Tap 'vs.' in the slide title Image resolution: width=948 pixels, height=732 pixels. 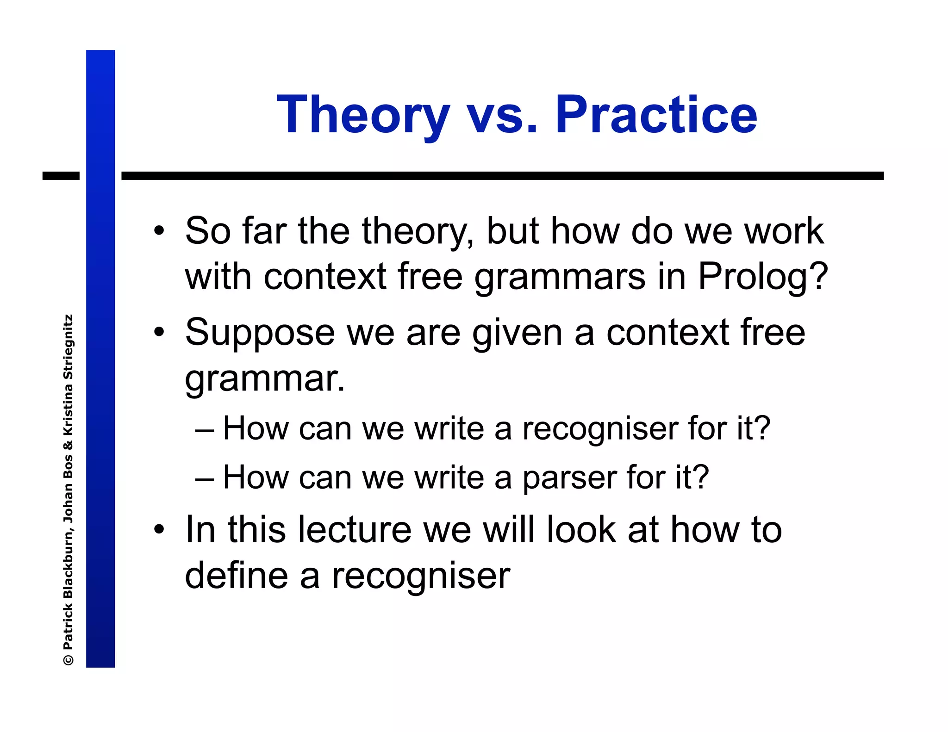(x=502, y=116)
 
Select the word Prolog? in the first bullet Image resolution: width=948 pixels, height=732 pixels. (x=762, y=277)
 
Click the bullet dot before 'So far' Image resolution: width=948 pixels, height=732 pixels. (x=159, y=231)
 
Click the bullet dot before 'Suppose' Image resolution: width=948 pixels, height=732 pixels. (x=159, y=332)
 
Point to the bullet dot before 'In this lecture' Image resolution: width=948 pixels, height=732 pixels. (x=159, y=529)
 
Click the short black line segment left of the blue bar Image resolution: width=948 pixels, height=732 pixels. (x=61, y=176)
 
